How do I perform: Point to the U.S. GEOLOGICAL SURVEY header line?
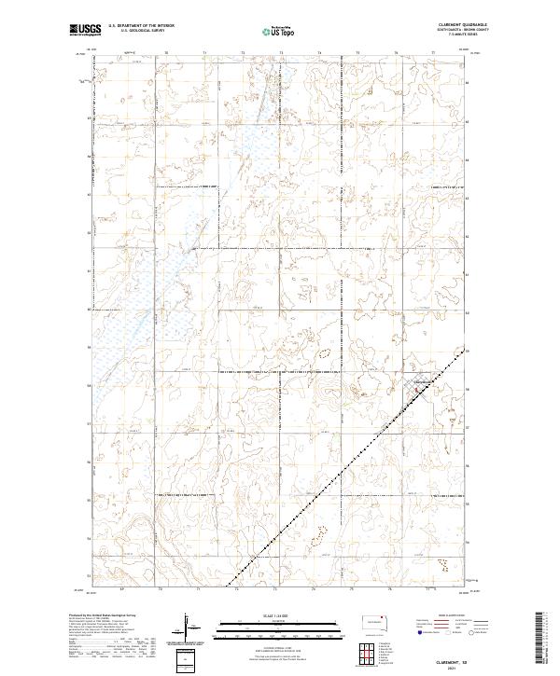point(138,31)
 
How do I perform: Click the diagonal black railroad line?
point(345,466)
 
